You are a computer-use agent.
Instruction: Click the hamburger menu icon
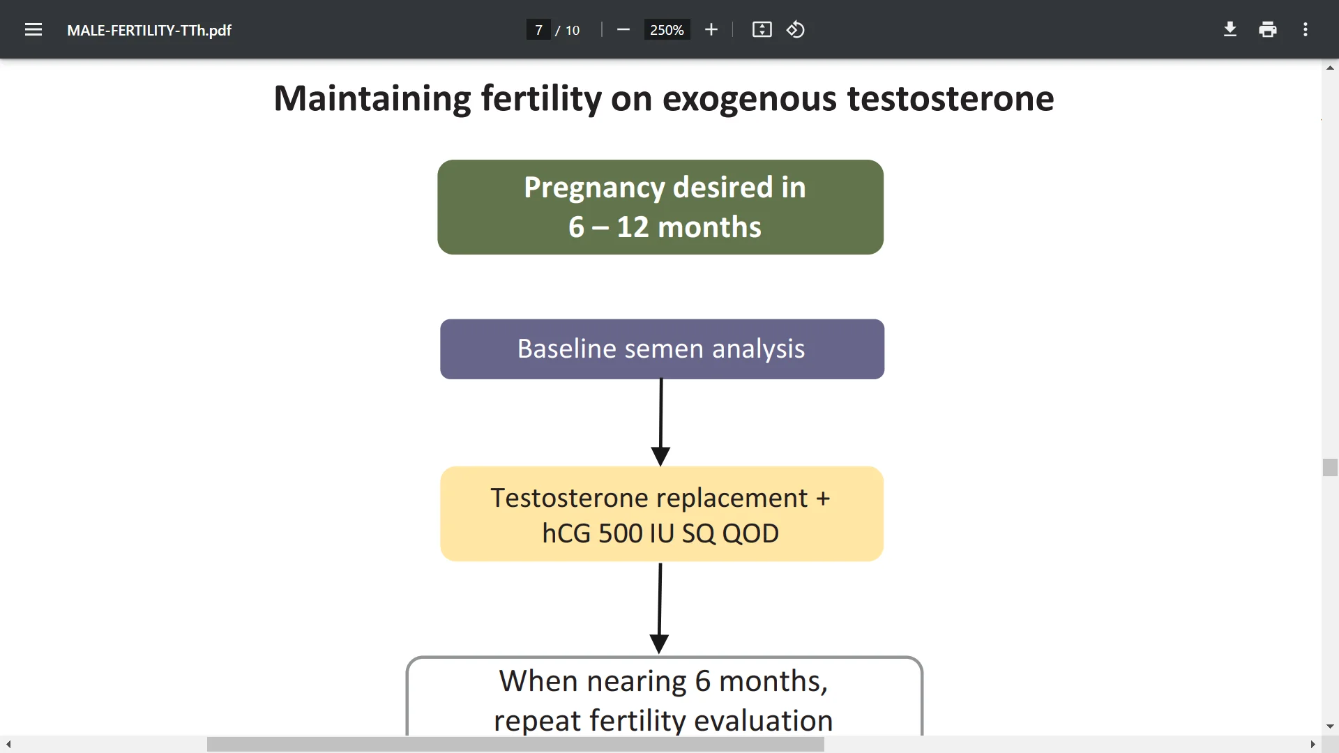(x=33, y=29)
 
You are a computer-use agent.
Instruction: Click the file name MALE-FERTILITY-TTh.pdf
(x=149, y=30)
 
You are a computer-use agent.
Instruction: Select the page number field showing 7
(x=538, y=30)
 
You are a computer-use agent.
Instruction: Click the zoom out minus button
(x=623, y=29)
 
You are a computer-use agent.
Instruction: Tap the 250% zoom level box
(x=666, y=30)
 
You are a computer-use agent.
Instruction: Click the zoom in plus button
(x=711, y=29)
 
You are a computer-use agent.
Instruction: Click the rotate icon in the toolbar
(x=796, y=29)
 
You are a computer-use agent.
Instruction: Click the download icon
(x=1230, y=29)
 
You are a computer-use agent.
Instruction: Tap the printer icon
(x=1268, y=29)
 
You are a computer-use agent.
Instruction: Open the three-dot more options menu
(x=1306, y=29)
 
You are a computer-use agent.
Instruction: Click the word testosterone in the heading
(x=950, y=98)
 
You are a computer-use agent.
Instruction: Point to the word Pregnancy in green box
(x=593, y=188)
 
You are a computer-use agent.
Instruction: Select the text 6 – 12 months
(x=664, y=227)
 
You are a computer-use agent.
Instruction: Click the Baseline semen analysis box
(x=661, y=349)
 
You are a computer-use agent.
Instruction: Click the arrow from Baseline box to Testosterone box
(x=660, y=422)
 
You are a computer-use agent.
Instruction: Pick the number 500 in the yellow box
(x=620, y=533)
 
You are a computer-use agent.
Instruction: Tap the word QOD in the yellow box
(x=750, y=533)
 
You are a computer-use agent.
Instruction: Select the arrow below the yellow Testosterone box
(x=659, y=607)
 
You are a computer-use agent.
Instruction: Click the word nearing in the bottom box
(x=637, y=681)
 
